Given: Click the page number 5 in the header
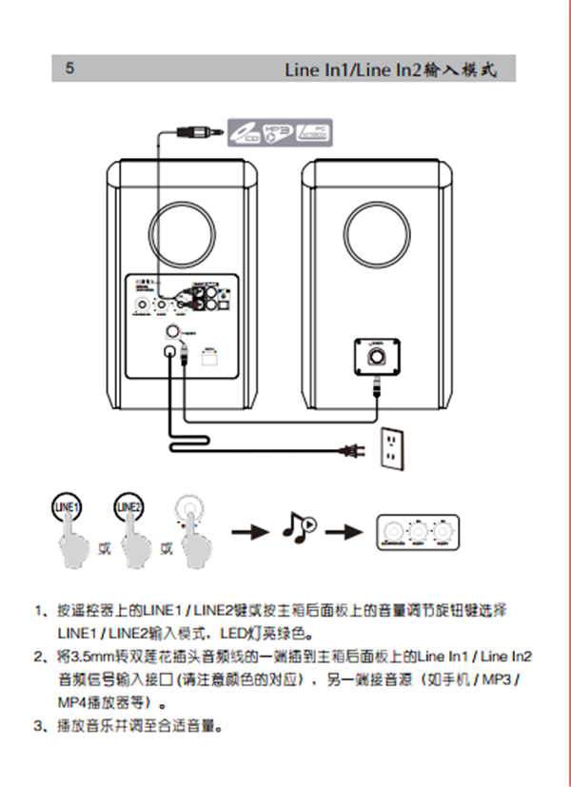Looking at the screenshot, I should coord(69,69).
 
